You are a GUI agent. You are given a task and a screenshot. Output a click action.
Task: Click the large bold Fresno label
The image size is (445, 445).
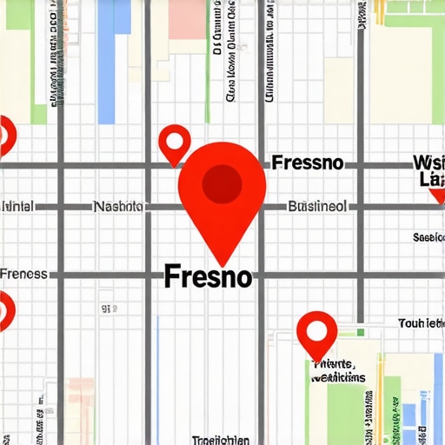209,277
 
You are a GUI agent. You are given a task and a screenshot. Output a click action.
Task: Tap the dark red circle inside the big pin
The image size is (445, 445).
222,183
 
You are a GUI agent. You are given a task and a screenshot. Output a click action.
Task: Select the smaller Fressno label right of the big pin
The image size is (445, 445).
307,163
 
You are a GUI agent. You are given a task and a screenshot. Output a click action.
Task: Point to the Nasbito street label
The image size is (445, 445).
118,207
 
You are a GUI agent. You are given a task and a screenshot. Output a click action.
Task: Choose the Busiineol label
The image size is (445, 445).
317,207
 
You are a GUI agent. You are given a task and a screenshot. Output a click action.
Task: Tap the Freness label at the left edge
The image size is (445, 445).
23,274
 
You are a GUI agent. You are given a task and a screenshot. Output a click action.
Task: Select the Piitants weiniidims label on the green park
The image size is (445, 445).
337,371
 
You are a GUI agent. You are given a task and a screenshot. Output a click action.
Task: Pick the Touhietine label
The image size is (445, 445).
421,323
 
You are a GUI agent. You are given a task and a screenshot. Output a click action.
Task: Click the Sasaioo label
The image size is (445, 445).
428,236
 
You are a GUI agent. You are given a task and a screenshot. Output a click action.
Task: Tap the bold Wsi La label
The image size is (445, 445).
428,170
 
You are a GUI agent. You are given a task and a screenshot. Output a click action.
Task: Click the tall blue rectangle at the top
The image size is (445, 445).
107,61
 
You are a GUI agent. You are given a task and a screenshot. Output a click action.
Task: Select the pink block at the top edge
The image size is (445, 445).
185,19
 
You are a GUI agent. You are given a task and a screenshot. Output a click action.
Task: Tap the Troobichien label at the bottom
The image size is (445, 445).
220,439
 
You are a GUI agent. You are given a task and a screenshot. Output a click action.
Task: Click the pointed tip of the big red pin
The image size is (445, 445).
222,264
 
